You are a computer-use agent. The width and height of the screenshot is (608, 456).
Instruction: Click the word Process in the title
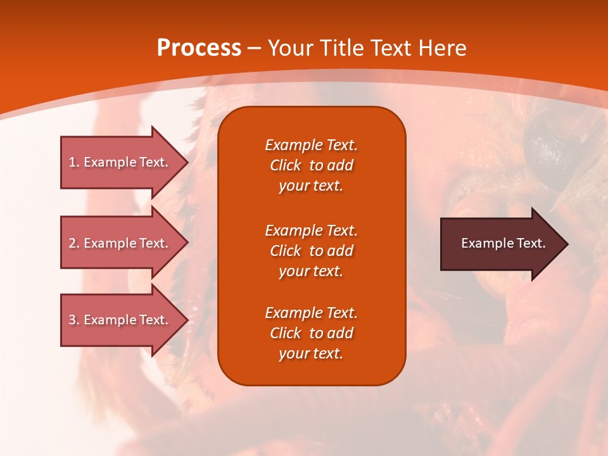click(199, 48)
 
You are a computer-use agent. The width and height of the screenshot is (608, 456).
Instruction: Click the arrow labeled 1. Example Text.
click(125, 163)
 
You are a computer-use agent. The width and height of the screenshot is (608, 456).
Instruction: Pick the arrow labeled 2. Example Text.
click(125, 243)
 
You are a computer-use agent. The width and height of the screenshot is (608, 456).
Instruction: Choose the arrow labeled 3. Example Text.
click(125, 320)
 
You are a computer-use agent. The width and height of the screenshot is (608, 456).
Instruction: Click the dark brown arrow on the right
click(505, 244)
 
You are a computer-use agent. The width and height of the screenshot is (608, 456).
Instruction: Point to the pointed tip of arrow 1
click(189, 163)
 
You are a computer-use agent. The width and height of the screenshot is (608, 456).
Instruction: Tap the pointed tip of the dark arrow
click(569, 244)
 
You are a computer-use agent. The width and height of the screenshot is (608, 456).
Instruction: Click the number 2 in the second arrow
click(72, 243)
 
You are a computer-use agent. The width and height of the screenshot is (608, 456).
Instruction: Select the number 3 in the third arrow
click(72, 320)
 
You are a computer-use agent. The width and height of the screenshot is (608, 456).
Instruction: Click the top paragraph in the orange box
click(312, 165)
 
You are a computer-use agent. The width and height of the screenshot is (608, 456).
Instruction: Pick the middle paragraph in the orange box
click(312, 251)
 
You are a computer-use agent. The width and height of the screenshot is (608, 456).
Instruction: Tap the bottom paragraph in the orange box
click(312, 333)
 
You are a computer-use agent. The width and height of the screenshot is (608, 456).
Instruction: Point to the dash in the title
click(254, 49)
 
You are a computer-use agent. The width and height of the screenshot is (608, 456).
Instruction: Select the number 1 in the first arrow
click(72, 163)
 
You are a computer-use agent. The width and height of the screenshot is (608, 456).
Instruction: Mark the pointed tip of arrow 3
click(189, 320)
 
